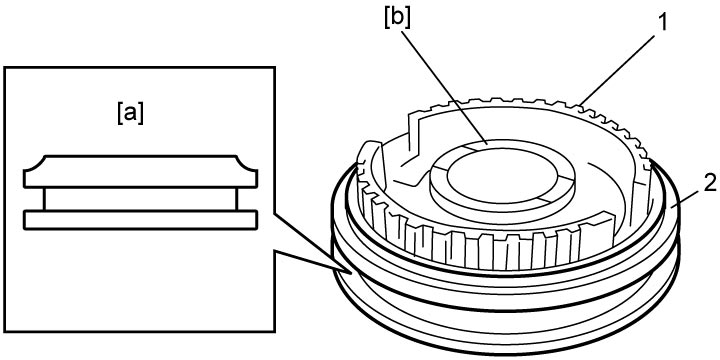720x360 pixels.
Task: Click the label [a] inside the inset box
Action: coord(130,113)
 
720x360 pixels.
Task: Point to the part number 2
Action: coord(708,185)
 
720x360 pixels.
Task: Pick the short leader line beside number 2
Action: coord(685,200)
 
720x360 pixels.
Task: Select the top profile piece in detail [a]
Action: coord(141,171)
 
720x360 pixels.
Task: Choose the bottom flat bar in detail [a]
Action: coord(141,219)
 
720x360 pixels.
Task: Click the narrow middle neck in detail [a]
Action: coord(141,199)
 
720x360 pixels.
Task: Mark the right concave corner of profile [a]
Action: coord(247,163)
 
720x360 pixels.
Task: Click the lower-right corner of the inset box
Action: coord(275,332)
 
